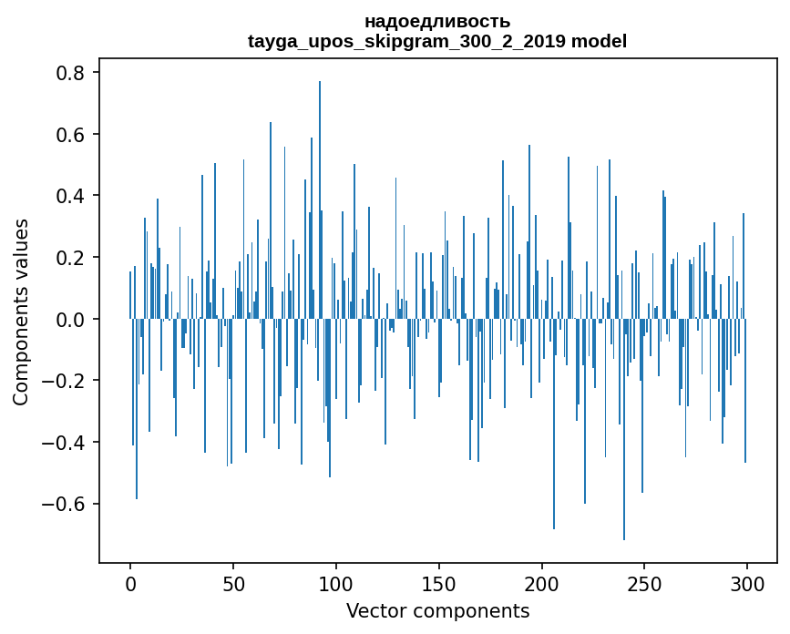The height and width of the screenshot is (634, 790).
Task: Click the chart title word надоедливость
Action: (x=437, y=21)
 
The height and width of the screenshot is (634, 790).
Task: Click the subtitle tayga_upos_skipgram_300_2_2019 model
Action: (x=437, y=41)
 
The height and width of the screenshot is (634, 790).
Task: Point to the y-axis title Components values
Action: (x=21, y=312)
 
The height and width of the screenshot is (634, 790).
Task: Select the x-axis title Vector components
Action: (x=437, y=610)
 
